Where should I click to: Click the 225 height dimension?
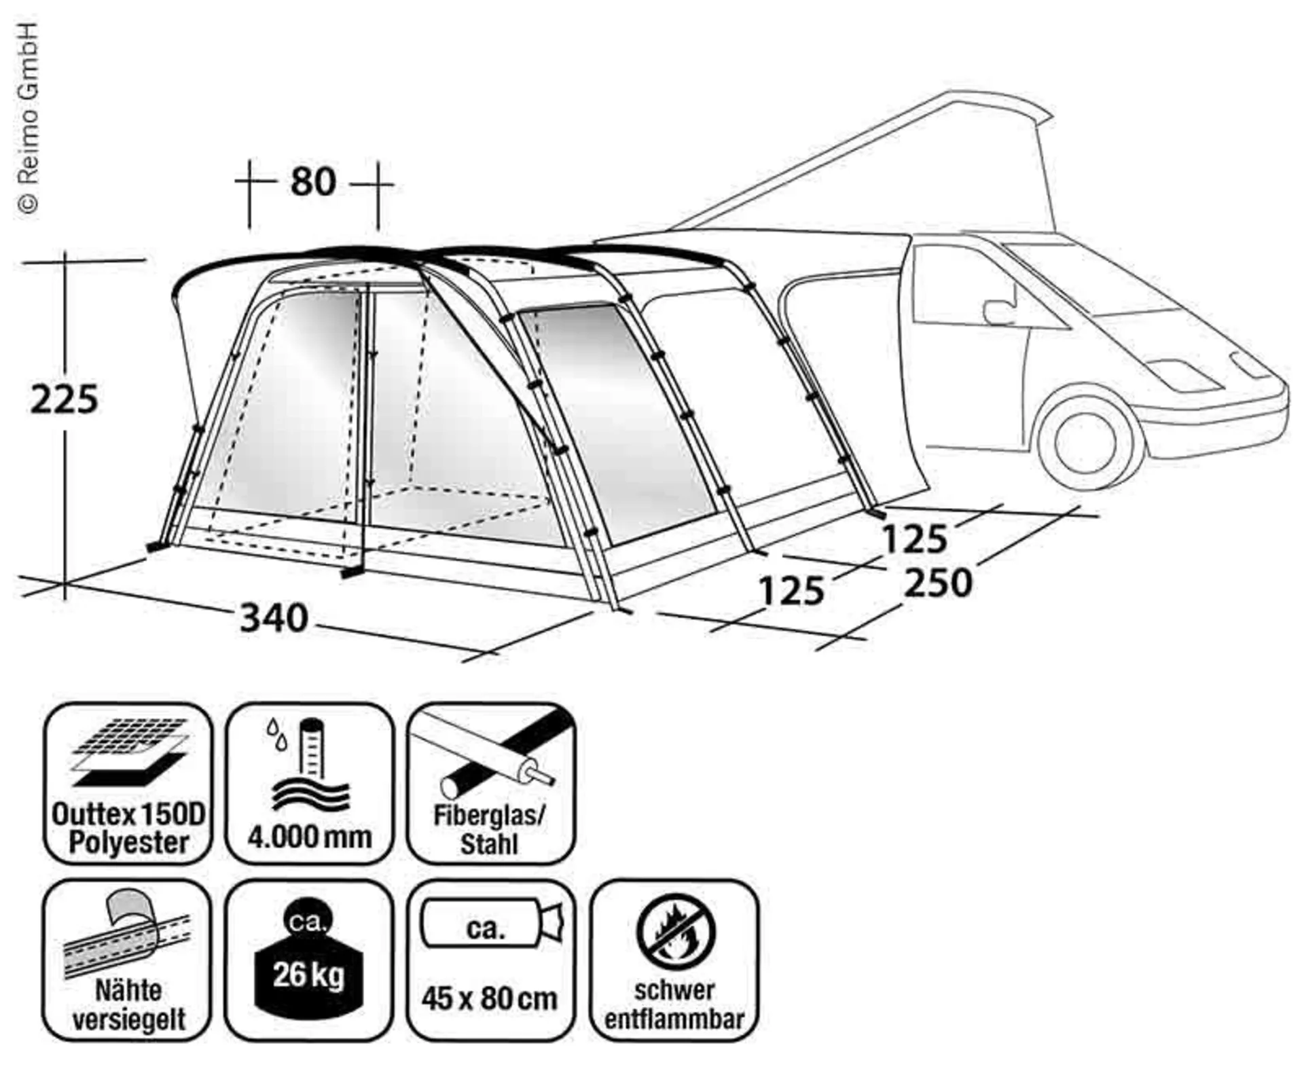click(x=65, y=399)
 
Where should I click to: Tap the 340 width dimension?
click(x=274, y=618)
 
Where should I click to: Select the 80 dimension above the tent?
click(x=313, y=181)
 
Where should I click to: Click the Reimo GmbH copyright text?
click(x=28, y=119)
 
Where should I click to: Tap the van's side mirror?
click(x=998, y=311)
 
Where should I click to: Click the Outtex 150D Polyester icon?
click(x=128, y=783)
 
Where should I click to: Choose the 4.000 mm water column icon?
click(x=309, y=783)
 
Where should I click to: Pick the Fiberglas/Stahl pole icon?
click(x=490, y=783)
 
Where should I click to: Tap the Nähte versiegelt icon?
click(x=128, y=960)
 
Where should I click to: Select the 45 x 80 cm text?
click(x=489, y=998)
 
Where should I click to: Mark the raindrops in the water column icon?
click(x=276, y=733)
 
